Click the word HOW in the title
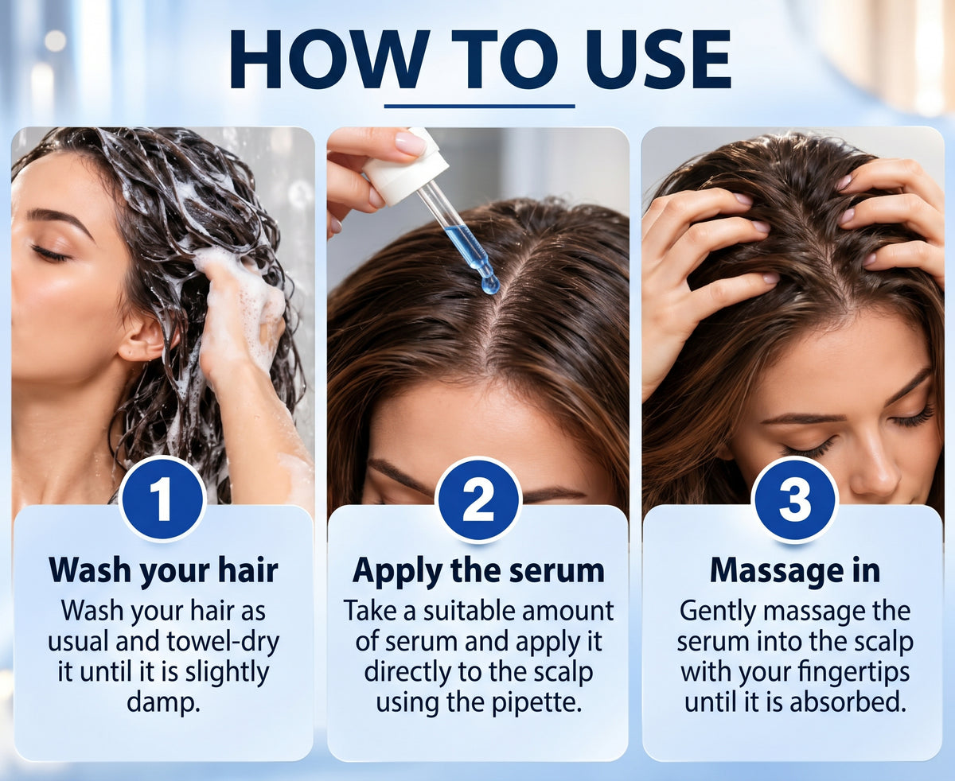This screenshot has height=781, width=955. pos(329,60)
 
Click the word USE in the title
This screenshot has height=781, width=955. pos(658,60)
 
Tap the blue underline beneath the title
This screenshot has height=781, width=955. pos(479,107)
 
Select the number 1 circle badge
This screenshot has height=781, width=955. pos(162,499)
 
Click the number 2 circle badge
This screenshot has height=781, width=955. pos(478,499)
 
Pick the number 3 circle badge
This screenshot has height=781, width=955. pos(794,499)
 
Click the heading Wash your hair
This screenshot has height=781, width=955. pos(163,571)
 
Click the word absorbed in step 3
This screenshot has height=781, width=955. pos(844,701)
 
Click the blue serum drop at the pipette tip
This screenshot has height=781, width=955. pos(490,285)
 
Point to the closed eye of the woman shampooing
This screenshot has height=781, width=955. pos(50,254)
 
